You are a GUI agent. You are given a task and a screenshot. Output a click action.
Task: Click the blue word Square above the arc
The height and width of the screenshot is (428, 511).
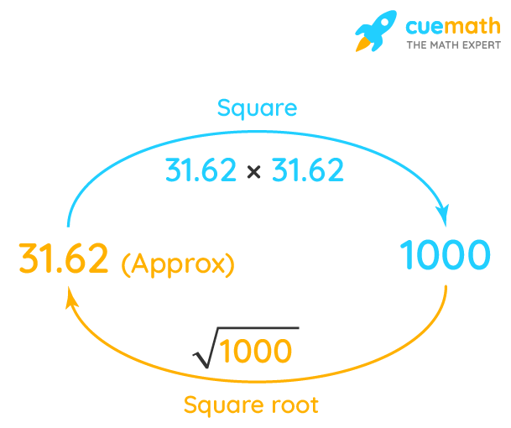[257, 108]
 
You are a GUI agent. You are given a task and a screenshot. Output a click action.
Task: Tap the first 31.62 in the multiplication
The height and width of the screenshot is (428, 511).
[201, 171]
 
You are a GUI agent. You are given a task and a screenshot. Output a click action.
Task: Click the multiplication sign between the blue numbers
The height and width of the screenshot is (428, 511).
[253, 172]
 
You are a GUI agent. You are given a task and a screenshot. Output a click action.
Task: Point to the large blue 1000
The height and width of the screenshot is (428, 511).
[444, 255]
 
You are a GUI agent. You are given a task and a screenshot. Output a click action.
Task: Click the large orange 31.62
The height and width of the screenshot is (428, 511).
[64, 259]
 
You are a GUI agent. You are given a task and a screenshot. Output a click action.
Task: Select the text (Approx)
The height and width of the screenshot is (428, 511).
[178, 264]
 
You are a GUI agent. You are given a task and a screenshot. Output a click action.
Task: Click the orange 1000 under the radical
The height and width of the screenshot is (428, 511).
[258, 352]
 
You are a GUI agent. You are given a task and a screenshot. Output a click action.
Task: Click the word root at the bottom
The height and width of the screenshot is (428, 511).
[294, 406]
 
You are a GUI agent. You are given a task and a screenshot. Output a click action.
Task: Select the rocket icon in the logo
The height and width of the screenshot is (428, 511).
[376, 31]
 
